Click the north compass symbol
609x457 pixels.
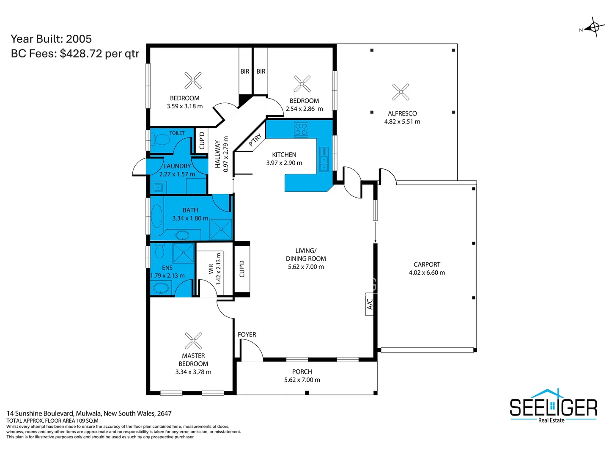(594, 28)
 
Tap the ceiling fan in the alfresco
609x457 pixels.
(401, 92)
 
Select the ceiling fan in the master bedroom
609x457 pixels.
(193, 341)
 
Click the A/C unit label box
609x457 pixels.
(370, 304)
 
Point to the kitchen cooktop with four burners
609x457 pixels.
(301, 129)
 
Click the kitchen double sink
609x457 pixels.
(324, 160)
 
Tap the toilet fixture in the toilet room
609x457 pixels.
(160, 140)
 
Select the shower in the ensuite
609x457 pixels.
(184, 253)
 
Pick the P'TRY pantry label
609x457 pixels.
(255, 140)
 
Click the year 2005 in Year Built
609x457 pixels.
(79, 39)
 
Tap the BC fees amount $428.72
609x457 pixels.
(81, 54)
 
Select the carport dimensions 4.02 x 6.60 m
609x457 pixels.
(427, 273)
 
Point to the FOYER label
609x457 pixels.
(247, 335)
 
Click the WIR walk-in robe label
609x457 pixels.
(211, 269)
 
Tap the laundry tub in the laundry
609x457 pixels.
(158, 187)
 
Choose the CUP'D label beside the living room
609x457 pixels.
(242, 269)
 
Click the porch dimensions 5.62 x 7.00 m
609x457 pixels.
(302, 380)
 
